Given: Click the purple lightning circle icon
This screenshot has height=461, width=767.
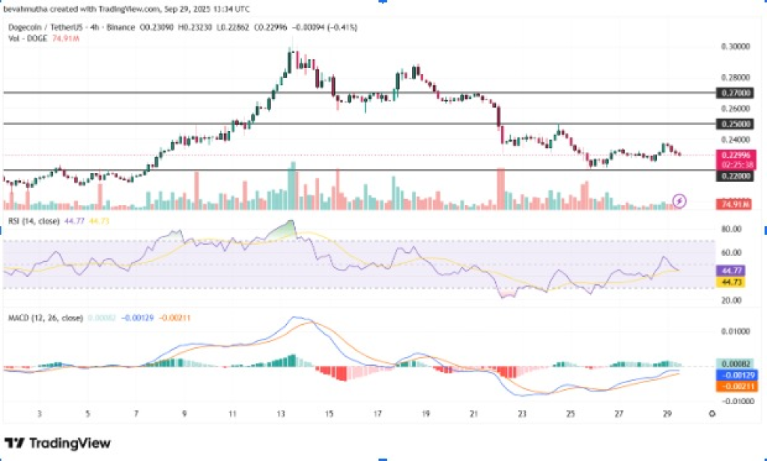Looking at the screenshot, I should [679, 200].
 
